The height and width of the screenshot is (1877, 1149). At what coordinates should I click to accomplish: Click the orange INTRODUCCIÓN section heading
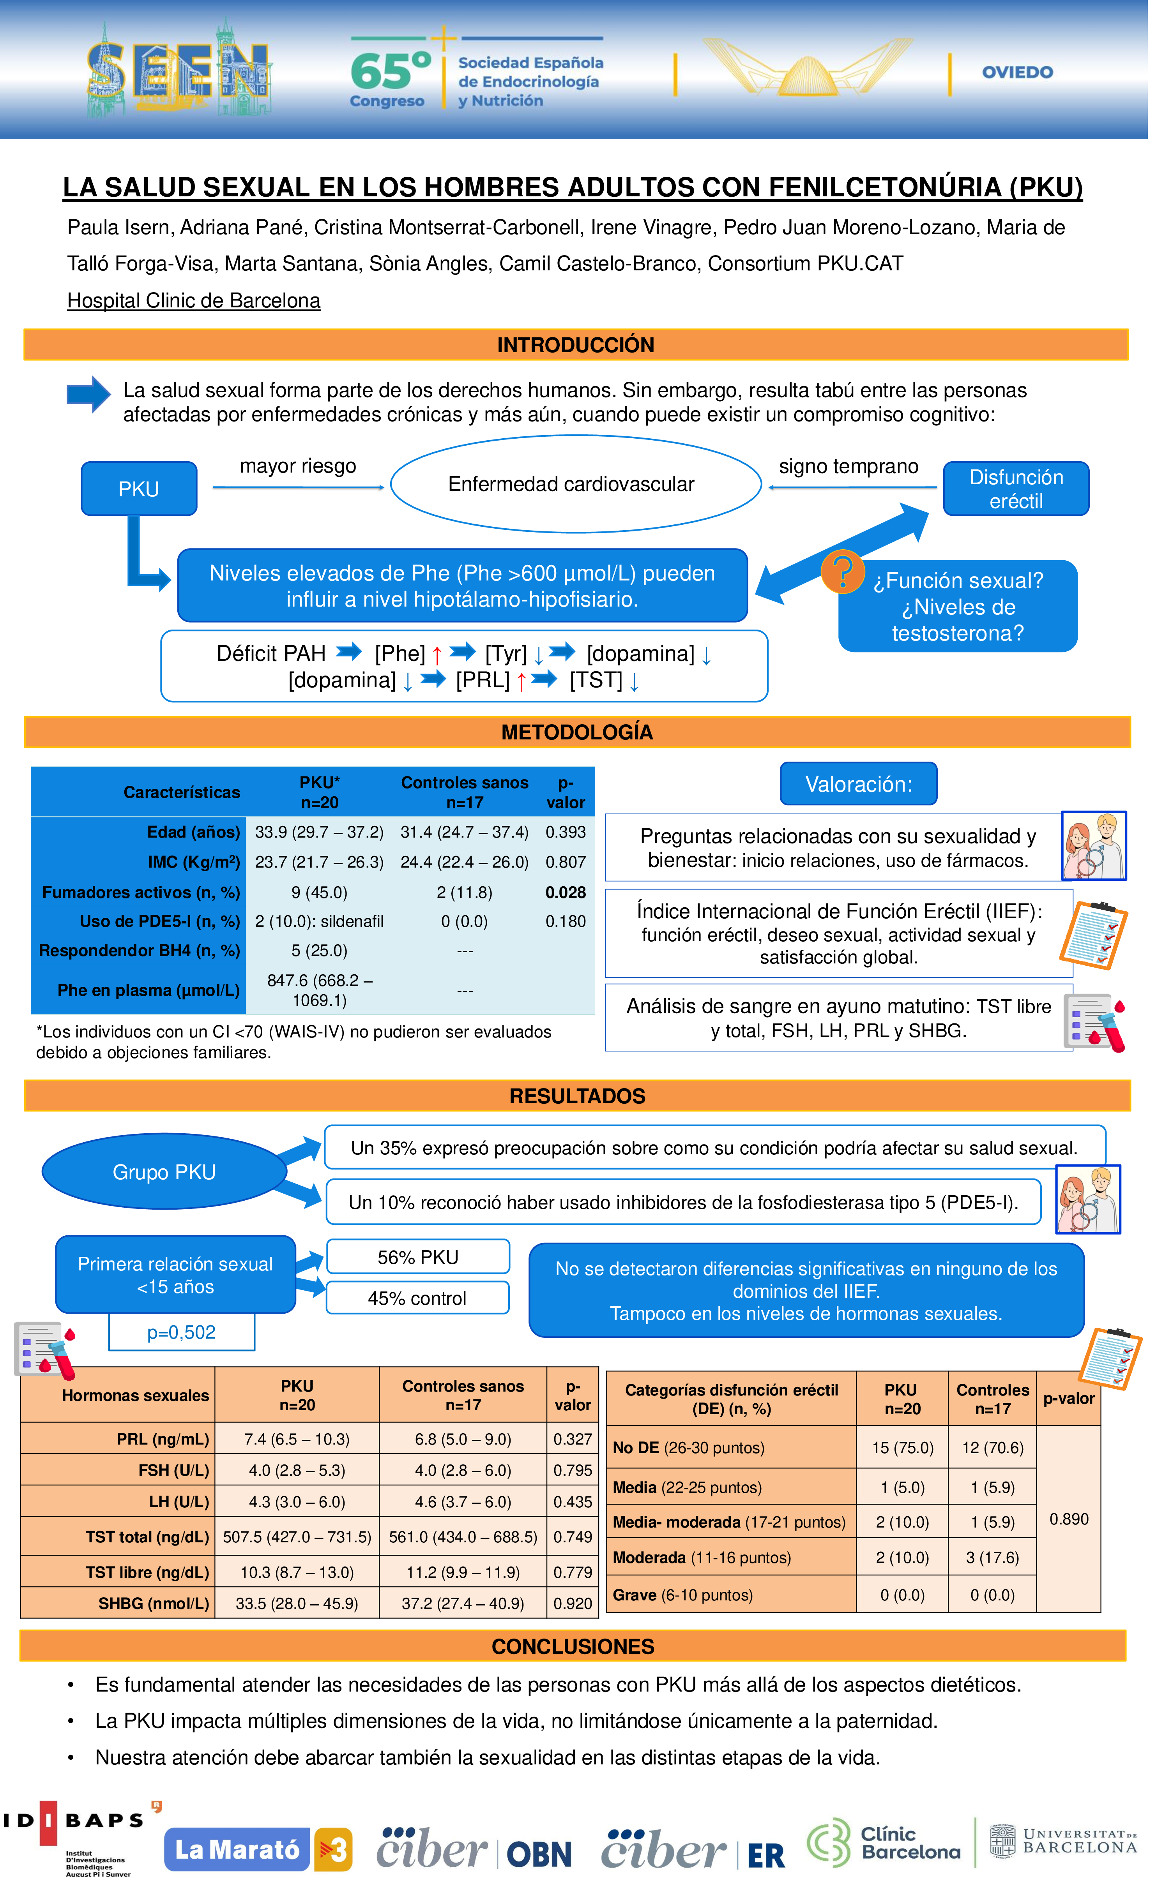(x=575, y=345)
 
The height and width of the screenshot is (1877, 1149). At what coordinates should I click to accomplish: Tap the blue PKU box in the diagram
(x=139, y=488)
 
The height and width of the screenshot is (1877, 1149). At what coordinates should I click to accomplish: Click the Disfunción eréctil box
(x=1016, y=488)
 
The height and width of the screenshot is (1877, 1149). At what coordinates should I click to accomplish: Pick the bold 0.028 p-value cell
(x=566, y=892)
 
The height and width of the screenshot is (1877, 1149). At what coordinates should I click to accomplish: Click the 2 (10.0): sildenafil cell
(x=319, y=921)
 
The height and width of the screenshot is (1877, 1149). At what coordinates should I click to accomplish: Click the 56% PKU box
(x=417, y=1257)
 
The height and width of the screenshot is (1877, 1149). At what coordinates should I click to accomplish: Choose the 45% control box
(x=417, y=1298)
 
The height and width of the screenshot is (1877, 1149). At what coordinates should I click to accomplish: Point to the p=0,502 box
(x=181, y=1332)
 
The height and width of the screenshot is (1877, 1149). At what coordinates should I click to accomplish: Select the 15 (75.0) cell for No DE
(x=902, y=1447)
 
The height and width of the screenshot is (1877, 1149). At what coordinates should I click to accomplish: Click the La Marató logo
(x=258, y=1849)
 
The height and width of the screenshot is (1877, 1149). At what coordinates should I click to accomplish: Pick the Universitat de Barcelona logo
(x=1063, y=1841)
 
